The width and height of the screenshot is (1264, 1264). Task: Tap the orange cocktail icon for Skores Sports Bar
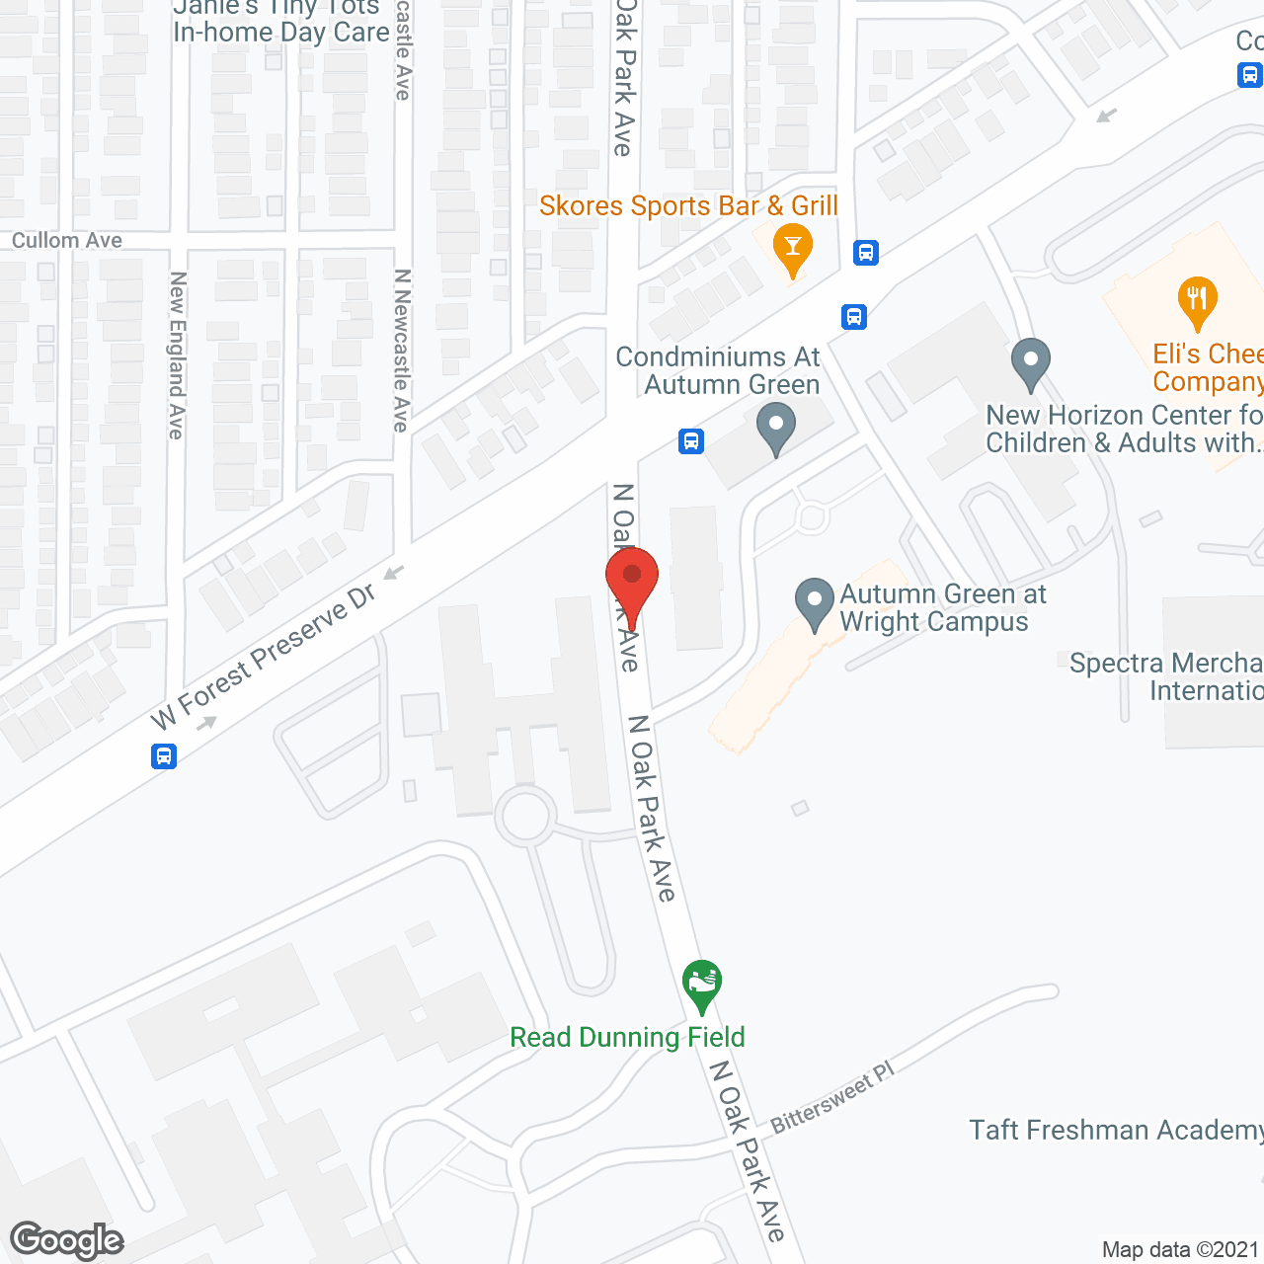[x=791, y=246]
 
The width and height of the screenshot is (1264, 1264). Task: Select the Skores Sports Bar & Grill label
[x=688, y=205]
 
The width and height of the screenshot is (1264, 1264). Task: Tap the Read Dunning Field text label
[x=627, y=1037]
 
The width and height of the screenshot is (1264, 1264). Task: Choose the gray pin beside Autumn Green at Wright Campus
[x=815, y=602]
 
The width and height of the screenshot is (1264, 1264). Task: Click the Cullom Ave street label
[x=67, y=241]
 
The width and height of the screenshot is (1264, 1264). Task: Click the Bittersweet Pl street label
[x=831, y=1096]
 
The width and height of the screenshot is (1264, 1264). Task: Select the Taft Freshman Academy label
[x=1116, y=1130]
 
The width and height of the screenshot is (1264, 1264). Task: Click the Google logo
[x=67, y=1240]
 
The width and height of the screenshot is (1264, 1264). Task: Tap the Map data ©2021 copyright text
[x=1180, y=1249]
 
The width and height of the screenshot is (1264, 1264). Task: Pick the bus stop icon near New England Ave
[x=164, y=756]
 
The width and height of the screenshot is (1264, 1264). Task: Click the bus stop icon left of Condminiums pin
[x=691, y=440]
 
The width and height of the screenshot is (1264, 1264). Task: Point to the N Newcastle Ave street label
[x=401, y=351]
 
